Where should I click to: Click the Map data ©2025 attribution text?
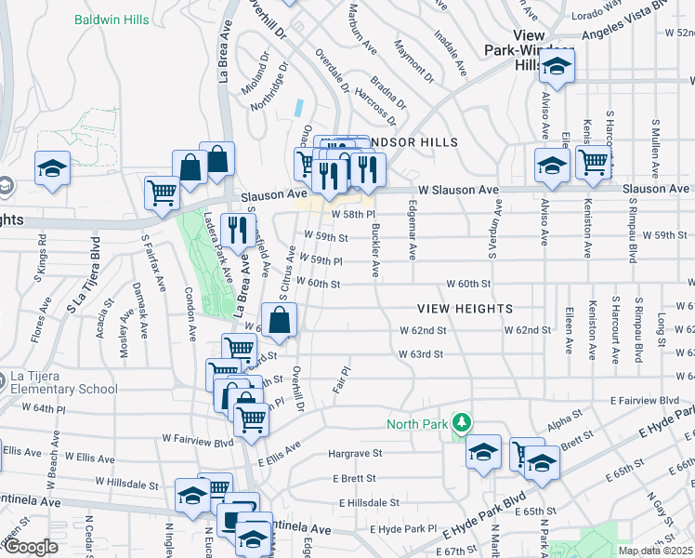[x=655, y=551]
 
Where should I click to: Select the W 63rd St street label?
[x=421, y=354]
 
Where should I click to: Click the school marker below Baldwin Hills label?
[x=52, y=168]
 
